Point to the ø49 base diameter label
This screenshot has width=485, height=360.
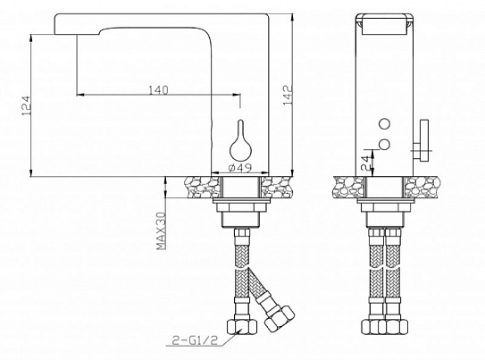238,167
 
